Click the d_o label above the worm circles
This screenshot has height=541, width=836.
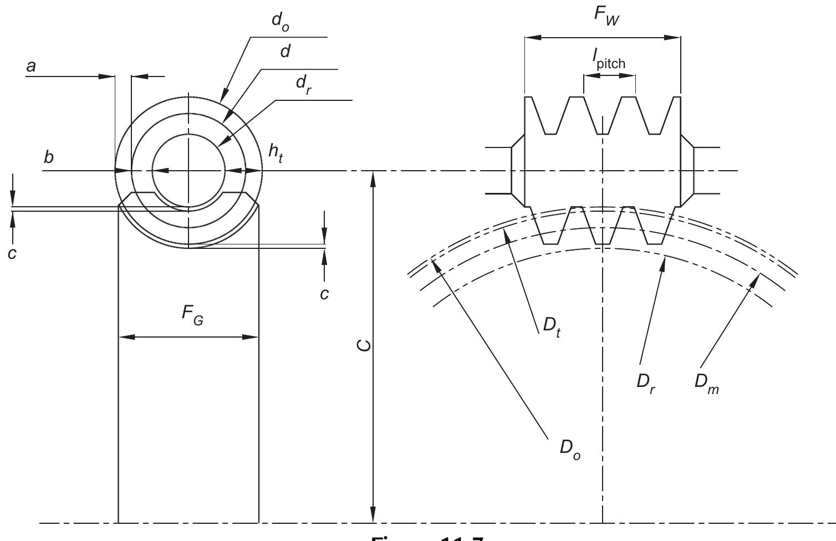pyautogui.click(x=280, y=23)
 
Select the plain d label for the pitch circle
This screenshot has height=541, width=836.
pyautogui.click(x=286, y=52)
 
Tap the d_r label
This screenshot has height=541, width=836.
pyautogui.click(x=303, y=85)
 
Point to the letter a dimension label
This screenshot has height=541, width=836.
pyautogui.click(x=31, y=67)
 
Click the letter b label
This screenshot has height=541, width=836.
pyautogui.click(x=49, y=157)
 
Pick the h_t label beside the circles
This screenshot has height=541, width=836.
pyautogui.click(x=276, y=152)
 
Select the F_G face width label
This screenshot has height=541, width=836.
pyautogui.click(x=192, y=314)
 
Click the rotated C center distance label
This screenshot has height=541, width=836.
pyautogui.click(x=363, y=346)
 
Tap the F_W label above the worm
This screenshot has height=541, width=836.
pyautogui.click(x=607, y=13)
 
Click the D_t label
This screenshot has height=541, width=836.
pyautogui.click(x=550, y=327)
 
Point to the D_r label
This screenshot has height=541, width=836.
pyautogui.click(x=646, y=384)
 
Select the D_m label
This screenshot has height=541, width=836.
pyautogui.click(x=706, y=384)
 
